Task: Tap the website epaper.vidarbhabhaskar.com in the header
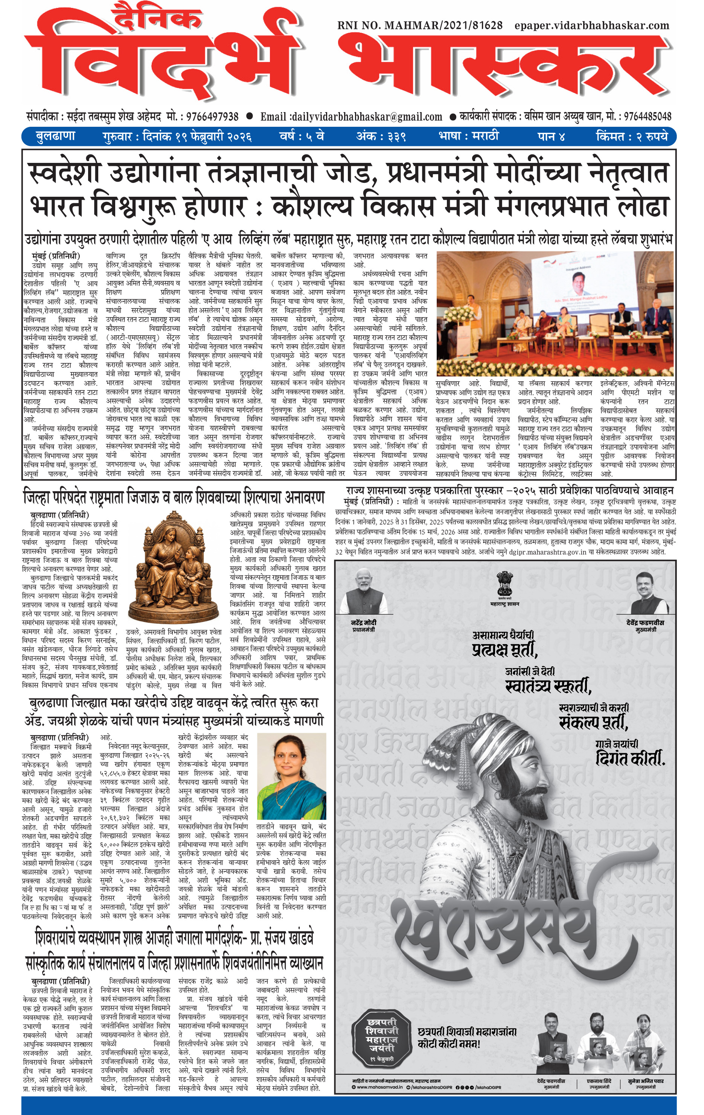(x=591, y=26)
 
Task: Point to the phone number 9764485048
(x=648, y=116)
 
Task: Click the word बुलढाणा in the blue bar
(x=55, y=137)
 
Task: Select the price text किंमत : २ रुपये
(x=632, y=137)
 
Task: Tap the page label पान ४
(x=551, y=137)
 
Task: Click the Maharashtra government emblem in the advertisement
(x=505, y=585)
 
